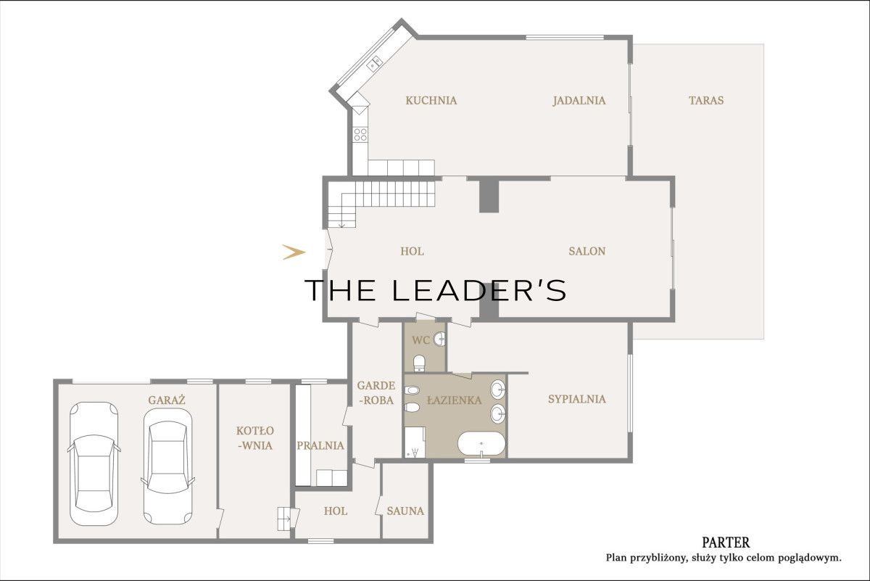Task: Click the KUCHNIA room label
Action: (x=431, y=100)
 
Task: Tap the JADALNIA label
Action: (x=579, y=100)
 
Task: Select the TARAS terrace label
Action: (x=706, y=100)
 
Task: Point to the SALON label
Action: (x=587, y=251)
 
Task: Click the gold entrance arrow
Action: (x=294, y=252)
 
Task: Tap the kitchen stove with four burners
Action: (x=360, y=135)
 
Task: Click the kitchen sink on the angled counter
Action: (x=374, y=64)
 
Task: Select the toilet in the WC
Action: (x=419, y=363)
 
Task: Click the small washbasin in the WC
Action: (x=439, y=339)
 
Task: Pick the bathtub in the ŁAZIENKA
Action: (x=481, y=443)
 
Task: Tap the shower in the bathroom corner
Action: (x=415, y=442)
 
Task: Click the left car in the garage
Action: (x=94, y=463)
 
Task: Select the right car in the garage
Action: (x=167, y=466)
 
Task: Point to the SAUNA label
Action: (x=405, y=511)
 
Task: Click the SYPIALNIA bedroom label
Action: (x=577, y=399)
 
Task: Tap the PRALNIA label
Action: (x=320, y=445)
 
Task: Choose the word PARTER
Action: (x=726, y=542)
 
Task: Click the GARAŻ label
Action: (x=167, y=400)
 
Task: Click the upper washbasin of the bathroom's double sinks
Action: (x=498, y=390)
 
